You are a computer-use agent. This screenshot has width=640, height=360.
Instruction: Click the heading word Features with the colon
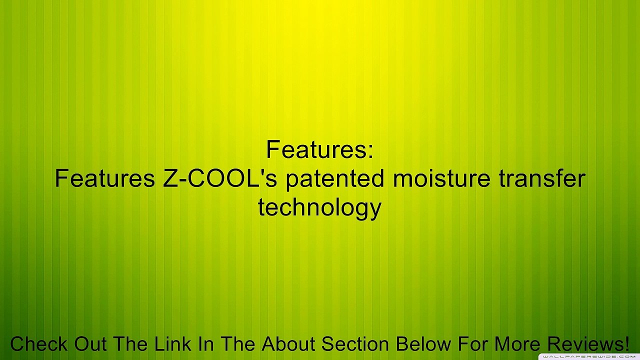coord(319,149)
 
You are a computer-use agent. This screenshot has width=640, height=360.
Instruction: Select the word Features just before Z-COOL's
coord(104,178)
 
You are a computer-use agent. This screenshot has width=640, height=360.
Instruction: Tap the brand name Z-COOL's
coord(220,178)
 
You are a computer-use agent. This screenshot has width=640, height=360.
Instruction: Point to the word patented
coord(335,178)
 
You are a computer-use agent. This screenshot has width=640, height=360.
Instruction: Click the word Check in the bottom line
coord(39,344)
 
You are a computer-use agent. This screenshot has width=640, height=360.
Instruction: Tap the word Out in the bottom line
coord(91,344)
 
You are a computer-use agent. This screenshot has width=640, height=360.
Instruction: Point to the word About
coord(288,344)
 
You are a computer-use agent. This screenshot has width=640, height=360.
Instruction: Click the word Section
coord(355,344)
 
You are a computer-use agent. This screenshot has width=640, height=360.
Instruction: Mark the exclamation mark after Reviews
coord(626,344)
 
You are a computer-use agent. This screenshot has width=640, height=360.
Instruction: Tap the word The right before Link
coord(130,344)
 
